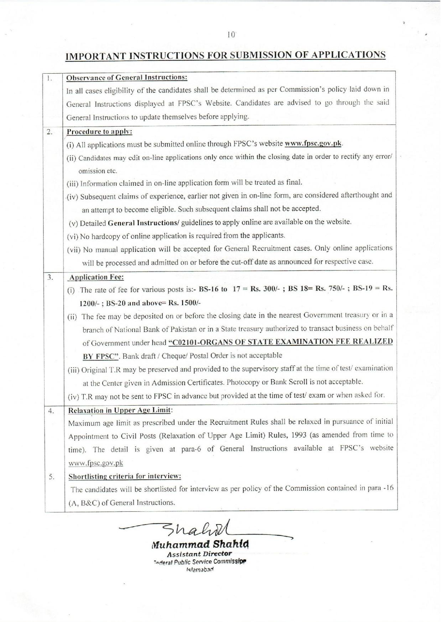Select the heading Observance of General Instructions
pyautogui.click(x=127, y=77)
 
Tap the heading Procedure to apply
pyautogui.click(x=100, y=132)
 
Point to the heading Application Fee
pyautogui.click(x=96, y=277)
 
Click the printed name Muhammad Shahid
pyautogui.click(x=200, y=545)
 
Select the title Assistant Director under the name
pyautogui.click(x=199, y=554)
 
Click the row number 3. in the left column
pyautogui.click(x=51, y=277)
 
